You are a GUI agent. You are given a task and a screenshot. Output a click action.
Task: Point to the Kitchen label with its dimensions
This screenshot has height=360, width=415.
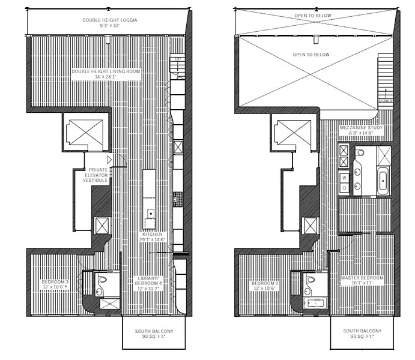[151, 237]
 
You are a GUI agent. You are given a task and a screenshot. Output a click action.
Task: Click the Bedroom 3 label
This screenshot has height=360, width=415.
[55, 284]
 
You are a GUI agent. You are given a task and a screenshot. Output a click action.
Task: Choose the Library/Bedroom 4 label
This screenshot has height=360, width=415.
[149, 283]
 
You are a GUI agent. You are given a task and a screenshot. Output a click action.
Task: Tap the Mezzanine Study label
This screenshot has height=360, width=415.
[358, 131]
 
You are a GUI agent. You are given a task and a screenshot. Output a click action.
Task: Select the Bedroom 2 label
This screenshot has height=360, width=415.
[264, 284]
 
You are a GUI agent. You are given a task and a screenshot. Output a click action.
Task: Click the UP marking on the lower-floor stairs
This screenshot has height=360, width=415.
[177, 59]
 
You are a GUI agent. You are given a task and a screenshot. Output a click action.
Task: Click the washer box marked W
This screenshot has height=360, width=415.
[344, 178]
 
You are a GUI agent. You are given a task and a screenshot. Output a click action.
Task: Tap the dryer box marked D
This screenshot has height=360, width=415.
[344, 188]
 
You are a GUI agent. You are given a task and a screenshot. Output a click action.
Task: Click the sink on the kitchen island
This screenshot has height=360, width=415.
[151, 213]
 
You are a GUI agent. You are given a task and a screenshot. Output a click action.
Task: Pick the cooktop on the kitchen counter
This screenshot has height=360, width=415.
[177, 199]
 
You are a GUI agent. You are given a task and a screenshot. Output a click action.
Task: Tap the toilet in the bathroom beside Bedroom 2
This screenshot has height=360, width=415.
[310, 280]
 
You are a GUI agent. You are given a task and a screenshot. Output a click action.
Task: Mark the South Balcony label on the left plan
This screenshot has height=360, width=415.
[154, 334]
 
